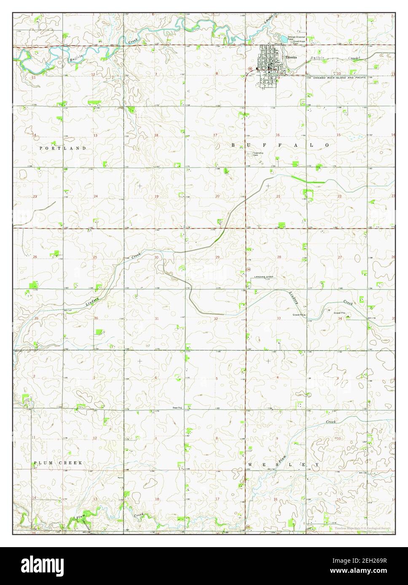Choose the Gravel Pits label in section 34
pos(340,313)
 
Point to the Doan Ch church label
pos(176,407)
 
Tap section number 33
pos(279,319)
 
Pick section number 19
pos(156,197)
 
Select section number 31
pos(156,319)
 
